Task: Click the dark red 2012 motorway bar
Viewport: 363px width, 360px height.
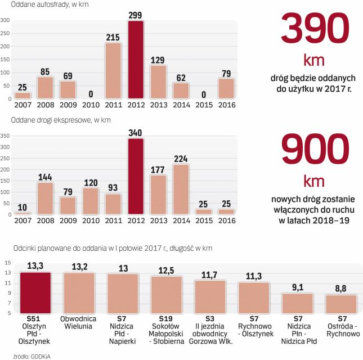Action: click(x=136, y=60)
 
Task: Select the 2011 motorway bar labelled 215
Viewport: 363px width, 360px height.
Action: click(x=113, y=71)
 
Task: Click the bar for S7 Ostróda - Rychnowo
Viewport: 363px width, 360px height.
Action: click(x=341, y=304)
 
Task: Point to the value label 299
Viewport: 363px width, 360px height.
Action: click(x=136, y=14)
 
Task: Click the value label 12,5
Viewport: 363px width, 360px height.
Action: click(x=166, y=270)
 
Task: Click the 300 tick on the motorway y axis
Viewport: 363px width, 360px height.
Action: click(x=5, y=20)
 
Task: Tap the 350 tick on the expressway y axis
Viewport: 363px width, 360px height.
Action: click(x=5, y=136)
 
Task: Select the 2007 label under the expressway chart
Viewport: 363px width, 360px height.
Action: click(x=23, y=220)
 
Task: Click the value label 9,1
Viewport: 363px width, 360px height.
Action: click(x=297, y=287)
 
